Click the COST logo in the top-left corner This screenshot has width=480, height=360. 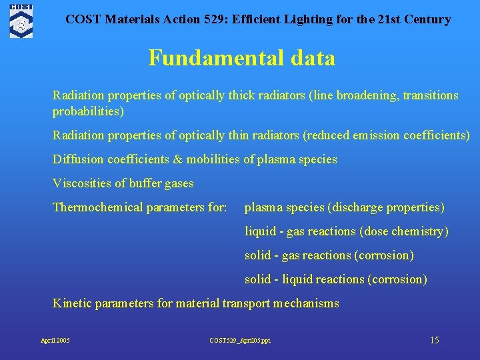[21, 20]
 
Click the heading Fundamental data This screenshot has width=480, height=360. [241, 58]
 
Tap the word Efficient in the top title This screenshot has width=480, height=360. [229, 19]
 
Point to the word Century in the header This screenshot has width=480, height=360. [427, 19]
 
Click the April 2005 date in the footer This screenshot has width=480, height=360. [55, 341]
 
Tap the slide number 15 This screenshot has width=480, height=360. [434, 340]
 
